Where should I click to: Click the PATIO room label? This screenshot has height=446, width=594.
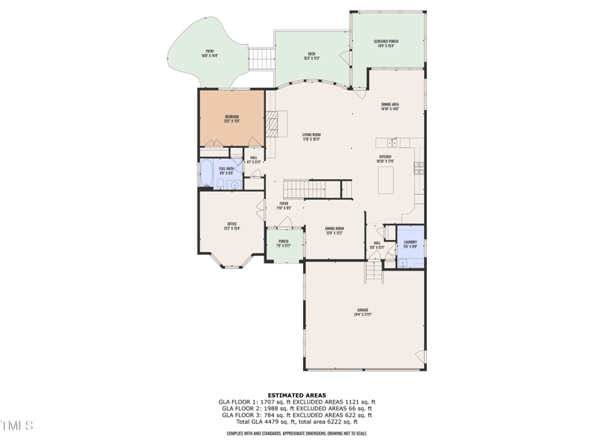pyautogui.click(x=211, y=53)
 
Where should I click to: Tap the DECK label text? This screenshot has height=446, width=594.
pyautogui.click(x=312, y=55)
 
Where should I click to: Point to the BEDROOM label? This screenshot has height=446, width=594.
pyautogui.click(x=232, y=118)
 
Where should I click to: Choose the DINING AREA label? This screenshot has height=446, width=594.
pyautogui.click(x=391, y=106)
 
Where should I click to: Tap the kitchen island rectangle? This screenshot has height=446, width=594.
pyautogui.click(x=385, y=180)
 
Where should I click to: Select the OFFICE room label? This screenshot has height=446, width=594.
pyautogui.click(x=232, y=226)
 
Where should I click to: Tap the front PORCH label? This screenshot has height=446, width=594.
pyautogui.click(x=284, y=243)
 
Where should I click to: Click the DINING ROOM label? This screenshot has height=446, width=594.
pyautogui.click(x=334, y=230)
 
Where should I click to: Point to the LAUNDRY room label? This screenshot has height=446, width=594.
pyautogui.click(x=410, y=243)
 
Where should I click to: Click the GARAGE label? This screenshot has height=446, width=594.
pyautogui.click(x=362, y=311)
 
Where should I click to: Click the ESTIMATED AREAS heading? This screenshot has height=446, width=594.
pyautogui.click(x=296, y=395)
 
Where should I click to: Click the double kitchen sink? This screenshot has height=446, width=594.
pyautogui.click(x=392, y=141)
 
